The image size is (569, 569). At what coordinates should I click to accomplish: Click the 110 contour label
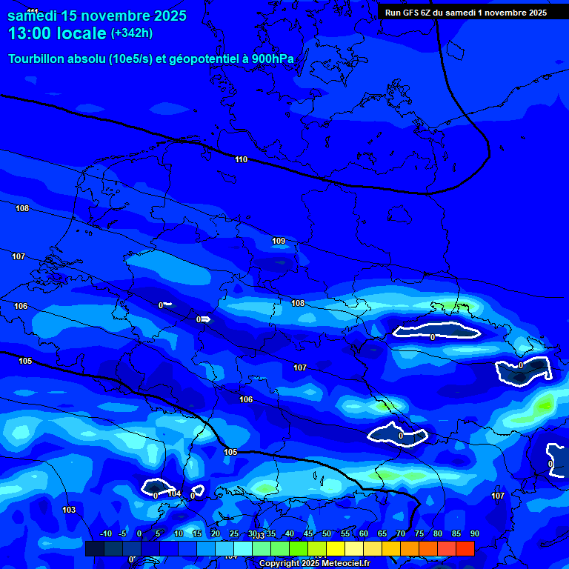[241, 159]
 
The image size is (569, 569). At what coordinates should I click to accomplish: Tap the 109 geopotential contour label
[279, 241]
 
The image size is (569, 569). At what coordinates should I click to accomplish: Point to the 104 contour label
[174, 493]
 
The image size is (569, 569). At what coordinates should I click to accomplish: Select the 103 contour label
[69, 510]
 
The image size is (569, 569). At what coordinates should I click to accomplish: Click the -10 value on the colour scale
[105, 534]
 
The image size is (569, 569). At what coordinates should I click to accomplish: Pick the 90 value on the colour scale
[474, 534]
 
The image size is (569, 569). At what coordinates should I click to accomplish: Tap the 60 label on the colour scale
[363, 534]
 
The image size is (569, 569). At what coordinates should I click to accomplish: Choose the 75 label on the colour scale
[419, 534]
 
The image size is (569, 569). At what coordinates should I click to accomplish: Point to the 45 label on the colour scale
[307, 534]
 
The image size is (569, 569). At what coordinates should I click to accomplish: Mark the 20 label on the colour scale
[215, 534]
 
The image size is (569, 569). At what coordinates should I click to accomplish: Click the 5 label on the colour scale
[158, 534]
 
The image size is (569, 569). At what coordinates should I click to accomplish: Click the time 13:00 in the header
[31, 33]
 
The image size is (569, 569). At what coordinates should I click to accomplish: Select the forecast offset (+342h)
[132, 33]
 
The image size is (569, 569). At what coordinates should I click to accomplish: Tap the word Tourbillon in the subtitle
[39, 59]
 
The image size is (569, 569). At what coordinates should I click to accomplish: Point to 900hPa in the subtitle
[273, 59]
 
